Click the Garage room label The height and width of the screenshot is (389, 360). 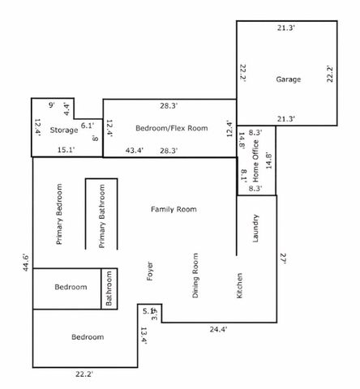pos(289,79)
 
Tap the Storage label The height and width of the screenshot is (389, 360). pos(64,130)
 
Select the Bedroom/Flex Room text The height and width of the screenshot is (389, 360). pos(171,128)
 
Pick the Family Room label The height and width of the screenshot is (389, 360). pos(174,209)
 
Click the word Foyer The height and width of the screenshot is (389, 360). pos(149,271)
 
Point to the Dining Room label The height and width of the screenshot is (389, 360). pos(195,276)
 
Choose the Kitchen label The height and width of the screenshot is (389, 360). pos(239,285)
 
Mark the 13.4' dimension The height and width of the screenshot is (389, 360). pos(144,335)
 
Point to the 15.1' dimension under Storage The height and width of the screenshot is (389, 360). pos(65,150)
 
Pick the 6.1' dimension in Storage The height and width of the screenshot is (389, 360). pos(88,125)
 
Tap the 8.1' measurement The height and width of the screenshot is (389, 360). pos(243,175)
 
